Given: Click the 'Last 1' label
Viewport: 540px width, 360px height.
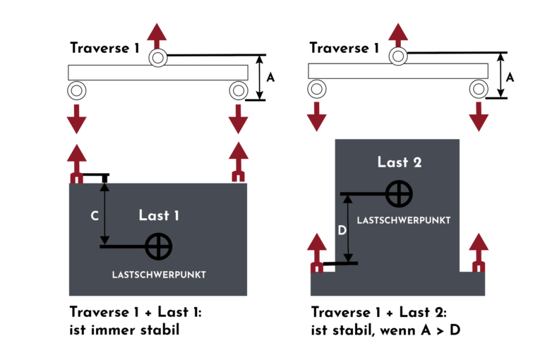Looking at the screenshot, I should pyautogui.click(x=159, y=215).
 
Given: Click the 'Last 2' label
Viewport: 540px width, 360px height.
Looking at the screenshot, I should pyautogui.click(x=400, y=162).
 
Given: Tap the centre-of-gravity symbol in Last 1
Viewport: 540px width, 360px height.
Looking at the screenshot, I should pyautogui.click(x=159, y=246).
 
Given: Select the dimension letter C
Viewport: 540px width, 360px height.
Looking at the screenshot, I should pyautogui.click(x=95, y=216).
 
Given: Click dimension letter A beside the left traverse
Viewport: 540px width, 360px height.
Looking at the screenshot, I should pyautogui.click(x=270, y=78).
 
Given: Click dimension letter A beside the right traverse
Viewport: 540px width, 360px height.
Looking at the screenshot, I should pyautogui.click(x=510, y=78).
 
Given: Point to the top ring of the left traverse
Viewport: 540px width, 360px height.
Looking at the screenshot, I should pyautogui.click(x=157, y=57).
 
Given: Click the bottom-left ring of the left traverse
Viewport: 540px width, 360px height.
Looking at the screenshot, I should pyautogui.click(x=76, y=90).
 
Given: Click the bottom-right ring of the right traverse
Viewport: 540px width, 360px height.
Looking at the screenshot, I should pyautogui.click(x=479, y=88).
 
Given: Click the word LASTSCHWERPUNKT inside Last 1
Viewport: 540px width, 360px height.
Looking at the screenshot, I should pyautogui.click(x=159, y=275).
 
